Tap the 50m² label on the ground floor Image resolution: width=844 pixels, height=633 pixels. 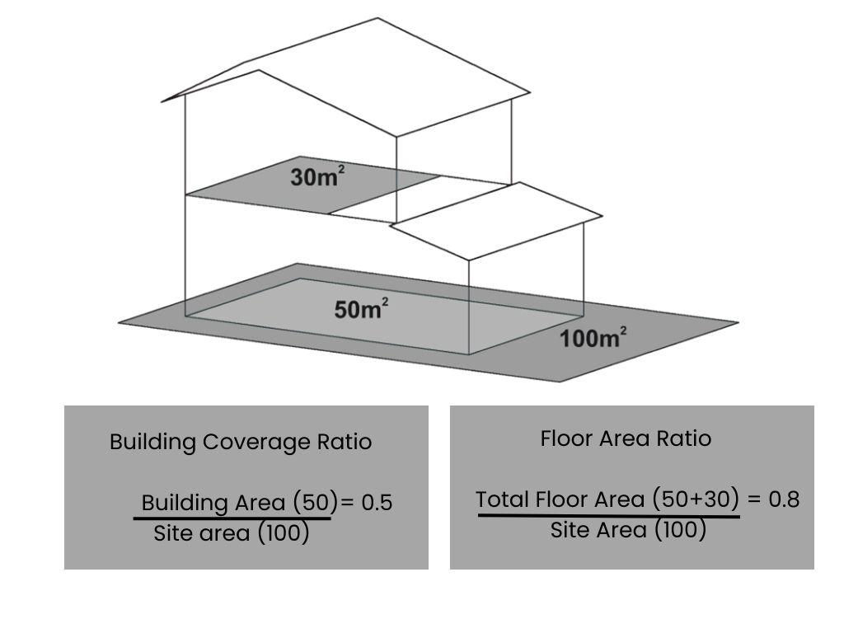coord(361,309)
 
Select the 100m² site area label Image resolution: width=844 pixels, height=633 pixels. coord(593,337)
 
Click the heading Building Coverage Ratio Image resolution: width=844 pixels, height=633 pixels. coord(241,442)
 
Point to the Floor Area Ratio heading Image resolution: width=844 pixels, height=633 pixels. coord(626,438)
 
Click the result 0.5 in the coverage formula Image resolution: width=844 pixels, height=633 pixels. coord(377,503)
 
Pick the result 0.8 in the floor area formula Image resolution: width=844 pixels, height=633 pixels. coord(784,499)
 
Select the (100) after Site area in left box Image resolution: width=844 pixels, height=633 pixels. coord(284,533)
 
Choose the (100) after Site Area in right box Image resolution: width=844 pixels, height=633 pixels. coord(680,530)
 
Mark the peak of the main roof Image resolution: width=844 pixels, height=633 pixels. coord(377,18)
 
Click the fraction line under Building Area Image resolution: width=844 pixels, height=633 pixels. coord(232,519)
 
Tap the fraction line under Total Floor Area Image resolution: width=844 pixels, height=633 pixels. coord(609,516)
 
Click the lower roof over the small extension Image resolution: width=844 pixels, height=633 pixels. coord(496,221)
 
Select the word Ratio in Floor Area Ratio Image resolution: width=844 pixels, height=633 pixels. coord(683,438)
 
